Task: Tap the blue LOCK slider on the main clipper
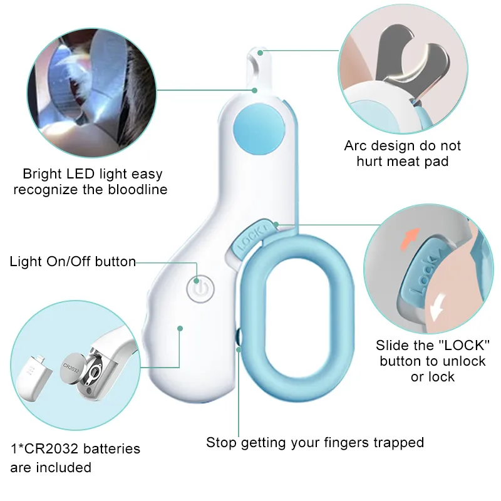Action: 250,237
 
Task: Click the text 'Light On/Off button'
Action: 73,262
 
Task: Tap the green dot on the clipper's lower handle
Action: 180,328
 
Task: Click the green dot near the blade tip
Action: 256,90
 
